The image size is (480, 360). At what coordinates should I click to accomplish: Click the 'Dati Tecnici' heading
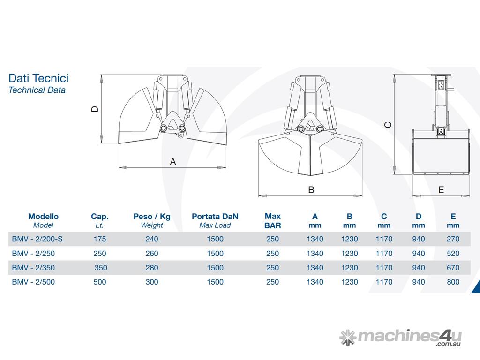click(x=38, y=78)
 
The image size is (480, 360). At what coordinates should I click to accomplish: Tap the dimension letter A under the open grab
click(x=173, y=162)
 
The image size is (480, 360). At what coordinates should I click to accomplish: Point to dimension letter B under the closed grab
click(x=311, y=190)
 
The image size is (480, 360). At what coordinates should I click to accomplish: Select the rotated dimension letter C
click(x=388, y=125)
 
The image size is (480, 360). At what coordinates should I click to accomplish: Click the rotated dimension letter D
click(x=95, y=109)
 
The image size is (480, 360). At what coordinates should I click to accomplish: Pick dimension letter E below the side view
click(x=441, y=190)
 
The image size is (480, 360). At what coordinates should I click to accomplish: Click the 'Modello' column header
click(x=43, y=217)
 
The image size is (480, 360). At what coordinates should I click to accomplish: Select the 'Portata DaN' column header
click(x=215, y=217)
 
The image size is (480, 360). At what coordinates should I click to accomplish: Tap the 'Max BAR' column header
click(x=272, y=221)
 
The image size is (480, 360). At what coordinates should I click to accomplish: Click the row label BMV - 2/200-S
click(x=37, y=239)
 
